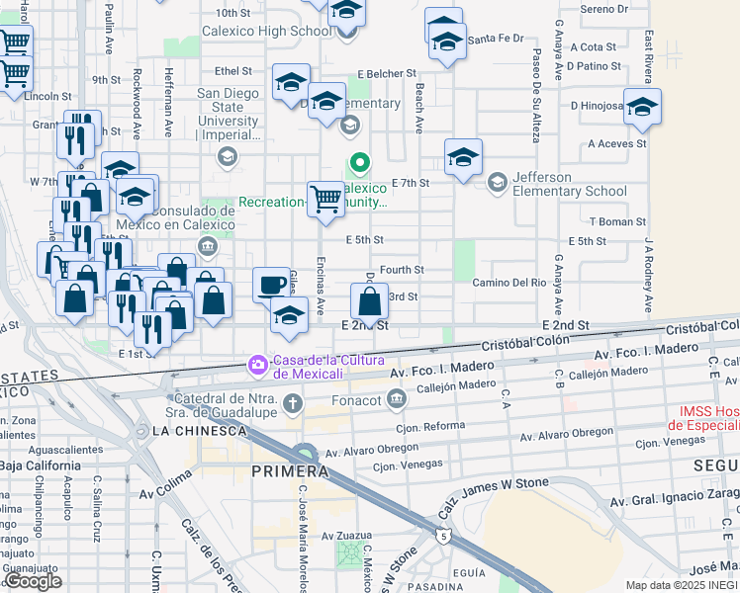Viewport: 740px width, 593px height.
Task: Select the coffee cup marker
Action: click(x=271, y=287)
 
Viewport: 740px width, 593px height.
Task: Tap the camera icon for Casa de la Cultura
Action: click(x=258, y=366)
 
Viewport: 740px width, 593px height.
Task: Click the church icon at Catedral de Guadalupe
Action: click(x=292, y=402)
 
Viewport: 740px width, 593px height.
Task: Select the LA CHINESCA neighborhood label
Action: click(x=199, y=431)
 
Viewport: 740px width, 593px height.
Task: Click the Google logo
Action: click(x=34, y=581)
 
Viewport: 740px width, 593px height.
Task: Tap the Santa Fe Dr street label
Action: click(x=495, y=40)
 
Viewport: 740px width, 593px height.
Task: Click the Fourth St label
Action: click(x=401, y=269)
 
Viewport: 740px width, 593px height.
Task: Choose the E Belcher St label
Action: click(x=388, y=74)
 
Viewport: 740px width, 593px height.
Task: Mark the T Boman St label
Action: click(x=617, y=222)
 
